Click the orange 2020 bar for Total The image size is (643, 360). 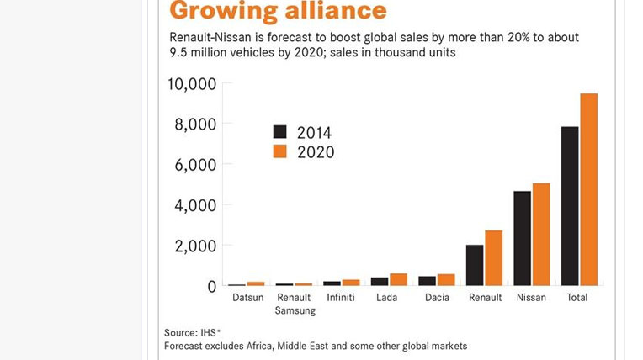[x=588, y=189]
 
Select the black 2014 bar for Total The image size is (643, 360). [x=570, y=206]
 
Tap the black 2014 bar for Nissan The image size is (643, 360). [x=523, y=238]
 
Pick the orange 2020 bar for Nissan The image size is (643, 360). [x=541, y=234]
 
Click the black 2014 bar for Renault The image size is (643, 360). [x=475, y=265]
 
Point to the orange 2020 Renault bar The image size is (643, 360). [x=493, y=257]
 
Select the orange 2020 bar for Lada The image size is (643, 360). [x=398, y=279]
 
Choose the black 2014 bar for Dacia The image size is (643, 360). [x=428, y=281]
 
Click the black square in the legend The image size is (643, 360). [x=280, y=132]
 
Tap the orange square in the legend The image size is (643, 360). [x=280, y=151]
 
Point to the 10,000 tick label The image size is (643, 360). [x=192, y=83]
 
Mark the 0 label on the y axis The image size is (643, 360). [x=212, y=287]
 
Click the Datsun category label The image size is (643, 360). [x=247, y=298]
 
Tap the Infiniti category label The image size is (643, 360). [x=341, y=298]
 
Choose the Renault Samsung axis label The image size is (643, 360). [x=295, y=304]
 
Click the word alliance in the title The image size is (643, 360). [x=331, y=11]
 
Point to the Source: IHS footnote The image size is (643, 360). [x=193, y=333]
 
